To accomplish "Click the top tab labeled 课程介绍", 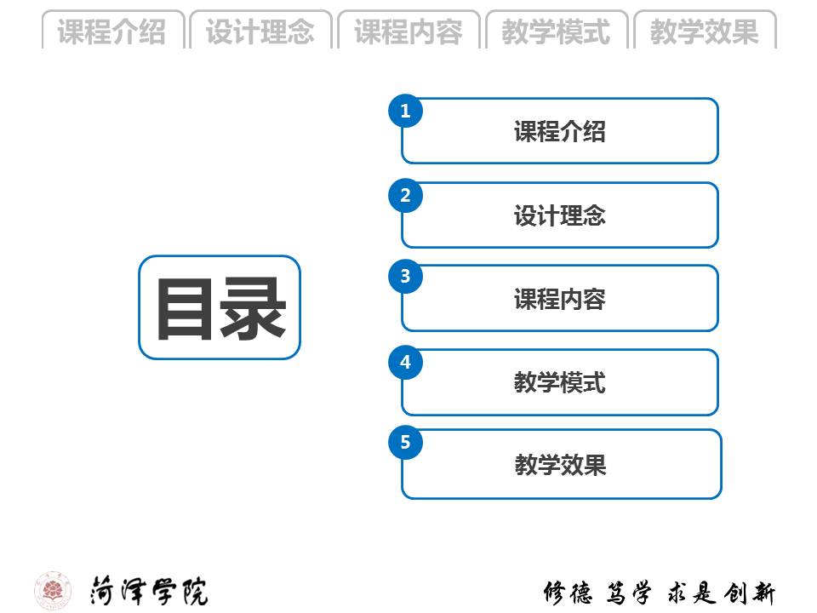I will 111,32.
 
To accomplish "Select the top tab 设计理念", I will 260,32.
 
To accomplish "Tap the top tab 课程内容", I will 408,32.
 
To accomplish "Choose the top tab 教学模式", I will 557,32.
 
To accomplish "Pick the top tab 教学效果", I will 705,32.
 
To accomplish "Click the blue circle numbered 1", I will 406,111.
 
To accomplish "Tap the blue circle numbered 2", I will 406,196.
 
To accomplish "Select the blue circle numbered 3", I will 406,277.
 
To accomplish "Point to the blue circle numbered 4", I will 406,363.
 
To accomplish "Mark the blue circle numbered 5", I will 406,442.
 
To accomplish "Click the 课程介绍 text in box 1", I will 560,131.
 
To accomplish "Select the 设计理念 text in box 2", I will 560,215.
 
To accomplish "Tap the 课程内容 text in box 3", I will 560,299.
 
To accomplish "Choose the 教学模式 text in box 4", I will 560,382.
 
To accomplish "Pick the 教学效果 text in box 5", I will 560,465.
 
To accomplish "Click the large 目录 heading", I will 220,308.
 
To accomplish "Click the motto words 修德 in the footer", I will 568,593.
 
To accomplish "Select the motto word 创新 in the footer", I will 750,593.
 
